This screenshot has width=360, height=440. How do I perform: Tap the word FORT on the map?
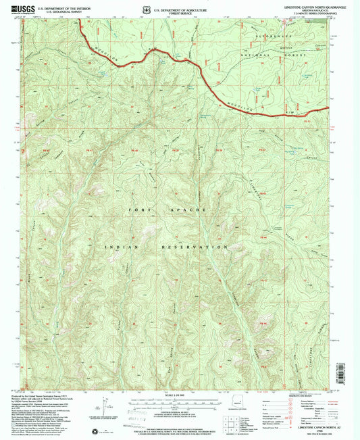pos(134,211)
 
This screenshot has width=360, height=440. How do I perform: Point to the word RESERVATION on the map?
pos(192,248)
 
